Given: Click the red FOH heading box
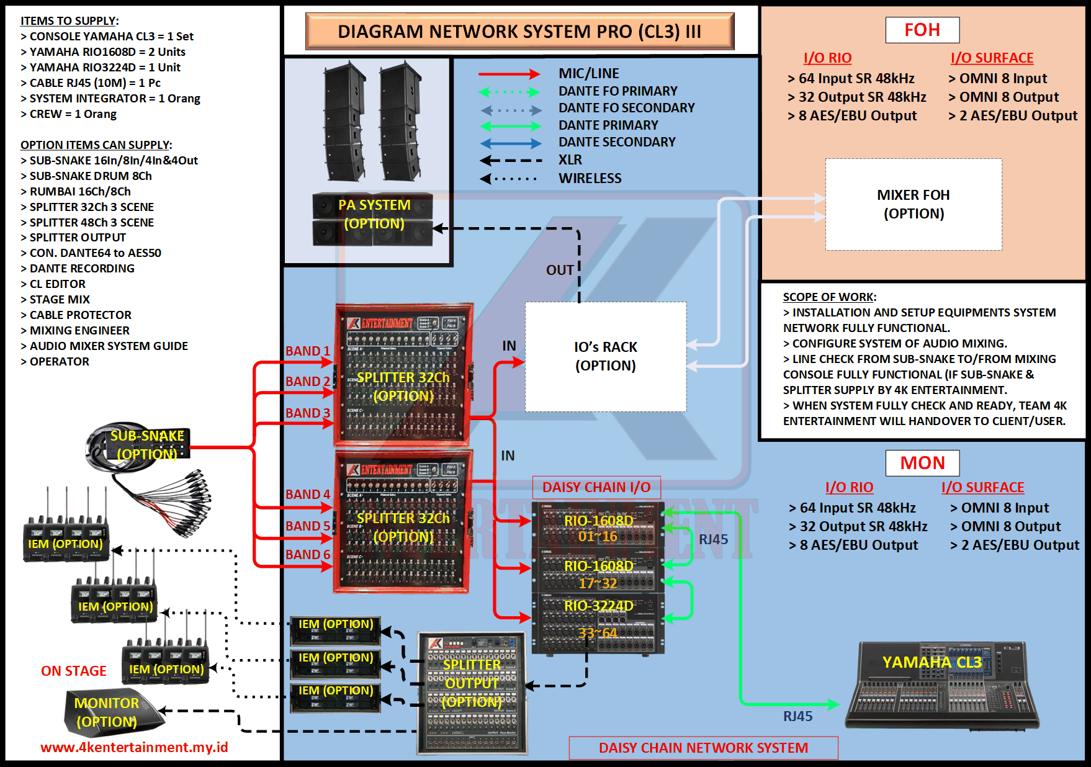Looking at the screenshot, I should pyautogui.click(x=922, y=30).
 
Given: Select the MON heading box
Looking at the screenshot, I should pyautogui.click(x=922, y=463).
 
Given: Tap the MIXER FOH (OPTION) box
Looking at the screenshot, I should pyautogui.click(x=914, y=204).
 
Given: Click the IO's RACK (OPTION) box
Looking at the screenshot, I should pyautogui.click(x=606, y=356).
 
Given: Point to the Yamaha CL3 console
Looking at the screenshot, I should pyautogui.click(x=941, y=686).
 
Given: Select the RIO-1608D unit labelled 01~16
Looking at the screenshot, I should pyautogui.click(x=598, y=527).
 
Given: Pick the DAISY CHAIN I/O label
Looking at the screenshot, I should pyautogui.click(x=596, y=487).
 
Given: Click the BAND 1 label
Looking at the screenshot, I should pyautogui.click(x=307, y=351).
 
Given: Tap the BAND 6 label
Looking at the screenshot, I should pyautogui.click(x=307, y=555).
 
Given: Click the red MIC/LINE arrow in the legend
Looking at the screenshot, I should pyautogui.click(x=509, y=74).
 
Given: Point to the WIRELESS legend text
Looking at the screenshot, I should pyautogui.click(x=590, y=179).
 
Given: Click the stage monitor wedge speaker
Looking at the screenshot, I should pyautogui.click(x=112, y=712).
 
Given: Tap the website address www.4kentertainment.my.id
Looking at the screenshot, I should pyautogui.click(x=134, y=747).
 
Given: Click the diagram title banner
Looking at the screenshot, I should pyautogui.click(x=519, y=32).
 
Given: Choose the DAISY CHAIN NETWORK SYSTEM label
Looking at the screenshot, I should pyautogui.click(x=703, y=748).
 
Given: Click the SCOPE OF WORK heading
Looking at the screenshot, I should pyautogui.click(x=829, y=297).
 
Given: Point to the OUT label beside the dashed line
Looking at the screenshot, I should pyautogui.click(x=560, y=270).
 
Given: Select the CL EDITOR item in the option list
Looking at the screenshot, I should pyautogui.click(x=58, y=284).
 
